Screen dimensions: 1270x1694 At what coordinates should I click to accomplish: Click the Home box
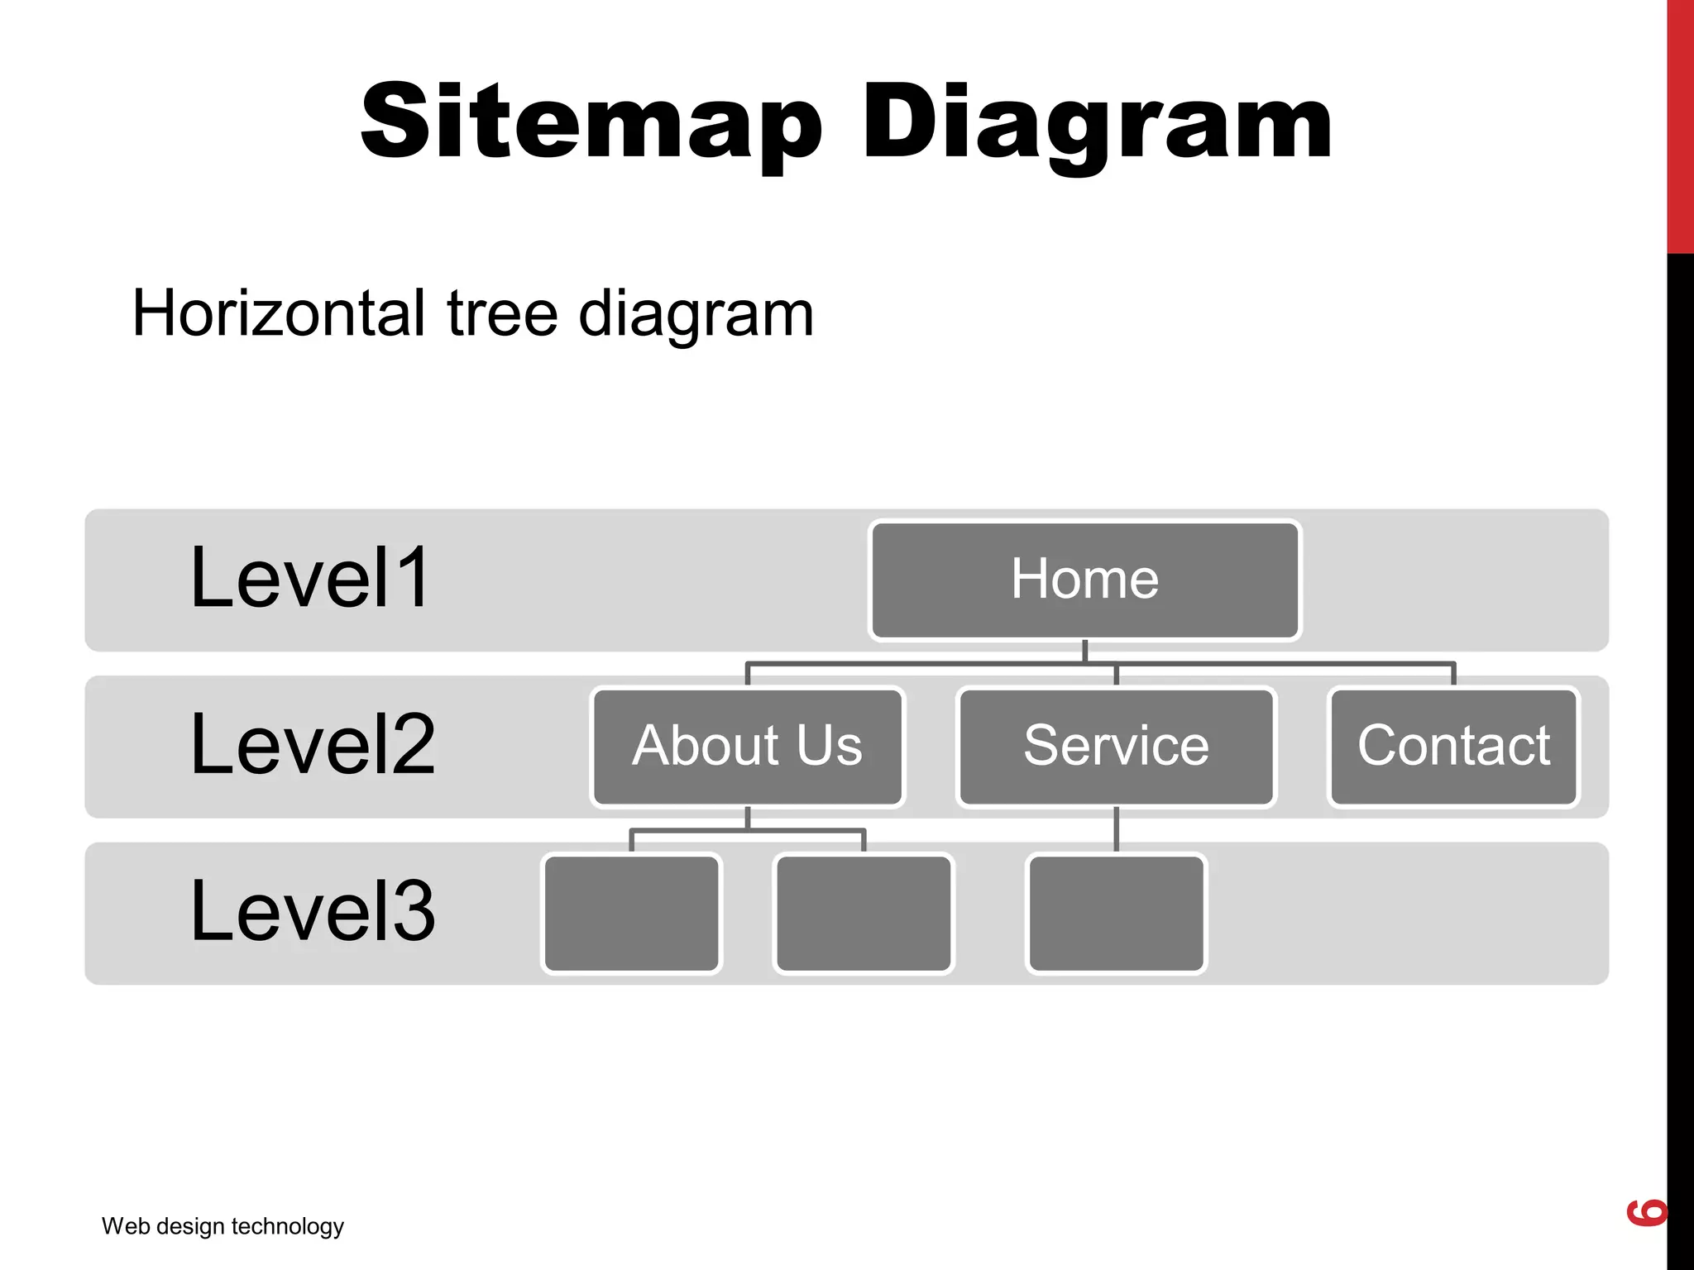[x=1084, y=580]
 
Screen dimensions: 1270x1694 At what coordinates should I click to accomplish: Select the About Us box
[x=748, y=747]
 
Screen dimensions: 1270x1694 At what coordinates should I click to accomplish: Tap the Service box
[x=1116, y=747]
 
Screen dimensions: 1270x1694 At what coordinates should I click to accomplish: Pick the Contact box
[x=1453, y=747]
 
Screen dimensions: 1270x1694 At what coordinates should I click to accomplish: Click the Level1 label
[x=310, y=578]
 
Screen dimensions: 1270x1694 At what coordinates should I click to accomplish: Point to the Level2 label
[x=313, y=745]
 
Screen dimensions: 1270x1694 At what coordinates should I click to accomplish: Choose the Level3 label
[x=313, y=911]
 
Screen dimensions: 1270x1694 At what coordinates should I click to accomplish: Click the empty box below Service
[x=1116, y=914]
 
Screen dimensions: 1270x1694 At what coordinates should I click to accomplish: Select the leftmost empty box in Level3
[x=631, y=914]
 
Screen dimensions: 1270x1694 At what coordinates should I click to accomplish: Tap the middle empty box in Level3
[x=864, y=914]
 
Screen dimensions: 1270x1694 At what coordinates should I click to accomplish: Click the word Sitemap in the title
[x=591, y=122]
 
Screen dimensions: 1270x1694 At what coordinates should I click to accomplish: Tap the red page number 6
[x=1646, y=1212]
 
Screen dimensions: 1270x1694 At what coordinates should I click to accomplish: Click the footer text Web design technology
[x=223, y=1226]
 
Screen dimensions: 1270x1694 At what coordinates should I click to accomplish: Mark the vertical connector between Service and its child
[x=1116, y=829]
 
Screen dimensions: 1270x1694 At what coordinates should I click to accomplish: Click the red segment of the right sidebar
[x=1680, y=124]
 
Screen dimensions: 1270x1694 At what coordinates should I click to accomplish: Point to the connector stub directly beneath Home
[x=1084, y=651]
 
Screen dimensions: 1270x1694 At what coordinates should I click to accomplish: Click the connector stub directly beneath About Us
[x=748, y=818]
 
